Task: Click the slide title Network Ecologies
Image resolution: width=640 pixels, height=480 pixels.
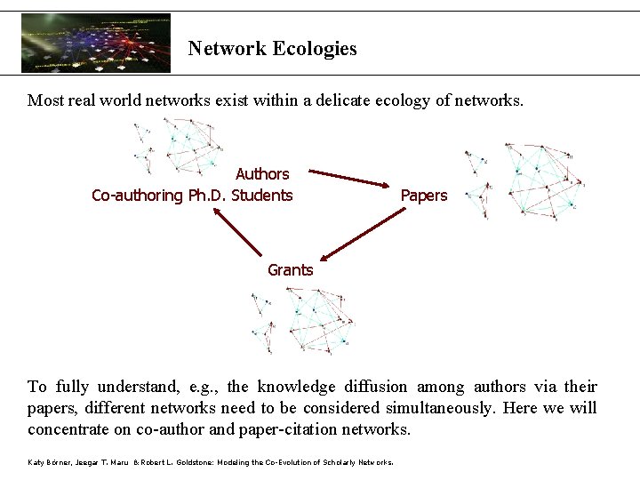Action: tap(272, 49)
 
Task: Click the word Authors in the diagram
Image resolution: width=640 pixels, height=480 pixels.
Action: tap(262, 174)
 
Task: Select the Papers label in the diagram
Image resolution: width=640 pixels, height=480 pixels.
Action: tap(424, 196)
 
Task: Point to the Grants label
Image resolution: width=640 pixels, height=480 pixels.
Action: tap(291, 269)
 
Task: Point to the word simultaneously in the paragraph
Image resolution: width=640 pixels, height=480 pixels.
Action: tap(440, 408)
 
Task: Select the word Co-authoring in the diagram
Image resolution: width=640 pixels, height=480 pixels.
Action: tap(138, 196)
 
